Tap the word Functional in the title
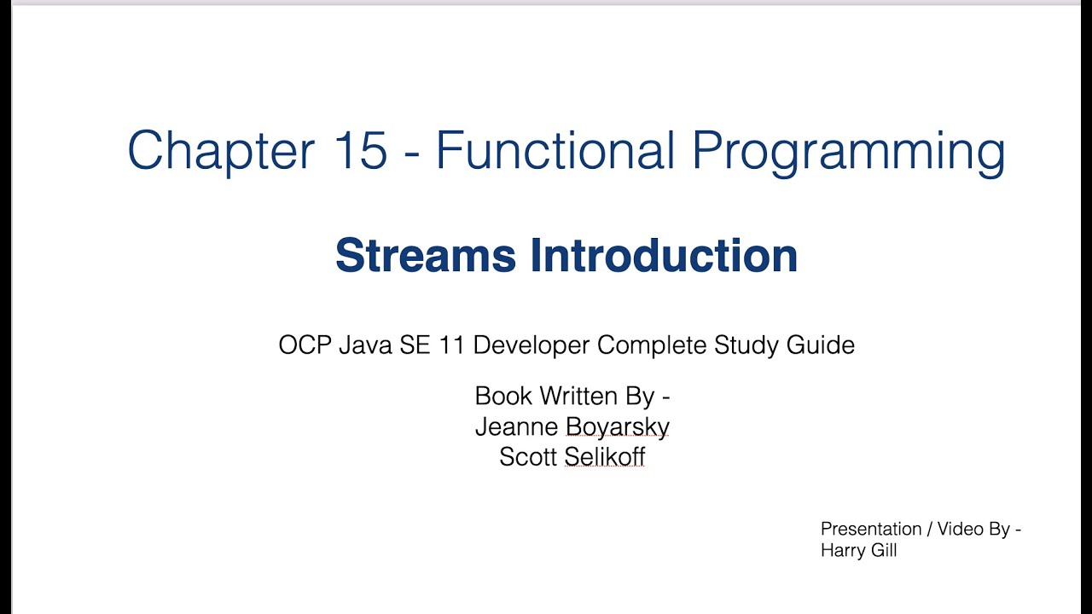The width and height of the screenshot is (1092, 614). [x=555, y=151]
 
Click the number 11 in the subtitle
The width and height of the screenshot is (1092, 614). [x=451, y=345]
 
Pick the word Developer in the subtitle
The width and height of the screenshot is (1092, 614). [x=531, y=345]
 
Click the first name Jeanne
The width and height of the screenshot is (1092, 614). [x=516, y=426]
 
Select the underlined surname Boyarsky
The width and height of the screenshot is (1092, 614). [x=618, y=427]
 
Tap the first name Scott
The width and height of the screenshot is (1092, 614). [x=528, y=457]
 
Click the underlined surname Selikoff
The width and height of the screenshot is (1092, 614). [x=605, y=457]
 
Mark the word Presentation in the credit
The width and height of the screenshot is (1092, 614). [x=871, y=530]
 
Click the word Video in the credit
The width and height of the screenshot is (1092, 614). [x=960, y=529]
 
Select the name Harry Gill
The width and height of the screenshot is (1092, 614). [x=858, y=551]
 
